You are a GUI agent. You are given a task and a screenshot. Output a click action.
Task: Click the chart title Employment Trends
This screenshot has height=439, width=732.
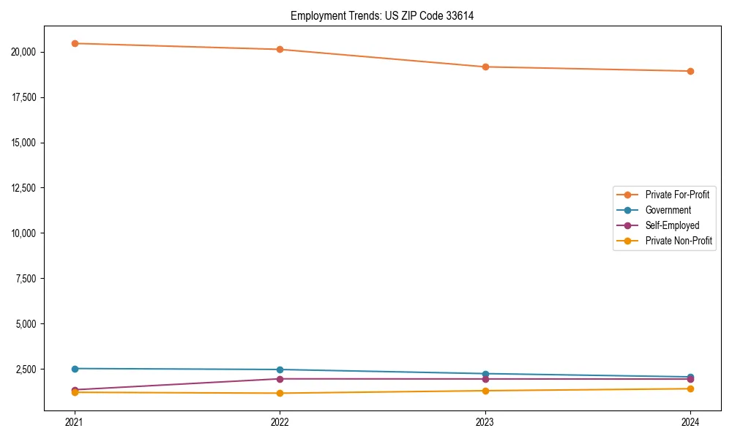click(x=382, y=15)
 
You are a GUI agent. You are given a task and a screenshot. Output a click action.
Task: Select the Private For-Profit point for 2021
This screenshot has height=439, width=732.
click(x=75, y=43)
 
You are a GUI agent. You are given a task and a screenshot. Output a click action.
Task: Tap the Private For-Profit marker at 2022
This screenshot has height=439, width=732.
click(x=280, y=49)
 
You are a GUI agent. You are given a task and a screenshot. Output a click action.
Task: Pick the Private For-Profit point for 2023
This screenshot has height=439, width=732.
click(x=485, y=67)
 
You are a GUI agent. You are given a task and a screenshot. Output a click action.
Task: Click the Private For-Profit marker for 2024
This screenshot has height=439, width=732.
click(x=690, y=71)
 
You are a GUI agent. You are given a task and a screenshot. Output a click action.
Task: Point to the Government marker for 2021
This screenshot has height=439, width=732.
click(x=75, y=369)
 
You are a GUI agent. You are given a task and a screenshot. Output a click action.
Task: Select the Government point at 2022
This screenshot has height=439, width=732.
click(x=280, y=369)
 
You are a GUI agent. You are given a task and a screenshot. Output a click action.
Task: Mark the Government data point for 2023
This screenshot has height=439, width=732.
click(x=485, y=374)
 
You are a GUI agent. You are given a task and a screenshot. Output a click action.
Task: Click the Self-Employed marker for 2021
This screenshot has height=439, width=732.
click(x=75, y=390)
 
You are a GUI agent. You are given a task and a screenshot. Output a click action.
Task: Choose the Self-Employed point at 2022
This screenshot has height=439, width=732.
click(x=280, y=379)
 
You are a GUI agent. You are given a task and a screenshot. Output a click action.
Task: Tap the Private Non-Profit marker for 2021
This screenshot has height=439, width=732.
click(x=75, y=393)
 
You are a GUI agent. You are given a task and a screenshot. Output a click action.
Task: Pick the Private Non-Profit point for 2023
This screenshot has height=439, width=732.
click(x=485, y=391)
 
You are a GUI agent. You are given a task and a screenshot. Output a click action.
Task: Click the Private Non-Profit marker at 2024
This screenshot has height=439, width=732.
click(x=690, y=389)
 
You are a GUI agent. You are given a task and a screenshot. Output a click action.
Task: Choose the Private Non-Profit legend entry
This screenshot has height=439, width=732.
click(x=678, y=241)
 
